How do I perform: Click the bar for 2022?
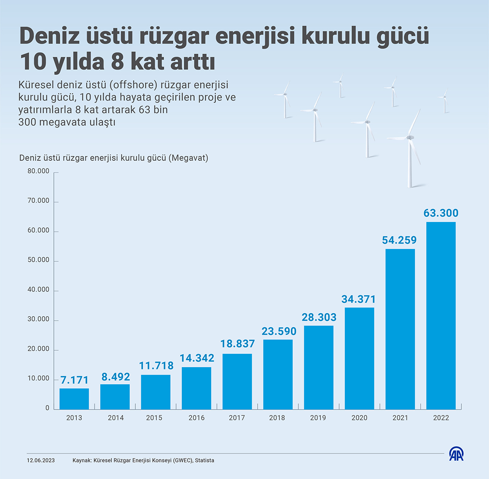tap(441, 315)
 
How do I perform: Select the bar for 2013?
tap(74, 399)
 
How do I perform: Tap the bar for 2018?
tap(278, 374)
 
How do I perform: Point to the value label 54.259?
tap(399, 240)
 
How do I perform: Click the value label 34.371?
tap(358, 299)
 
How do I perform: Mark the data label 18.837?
tap(237, 344)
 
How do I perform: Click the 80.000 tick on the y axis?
tap(38, 171)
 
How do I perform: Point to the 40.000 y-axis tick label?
tap(38, 290)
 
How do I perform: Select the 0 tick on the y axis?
tap(47, 408)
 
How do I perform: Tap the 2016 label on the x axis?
tap(196, 418)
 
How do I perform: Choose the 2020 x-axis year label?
tap(359, 418)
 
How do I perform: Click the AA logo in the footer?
tap(457, 454)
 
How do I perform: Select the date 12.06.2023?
tap(41, 460)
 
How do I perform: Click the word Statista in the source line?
tap(204, 460)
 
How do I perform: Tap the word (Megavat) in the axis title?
tap(188, 158)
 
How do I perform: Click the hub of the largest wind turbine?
tap(410, 137)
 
